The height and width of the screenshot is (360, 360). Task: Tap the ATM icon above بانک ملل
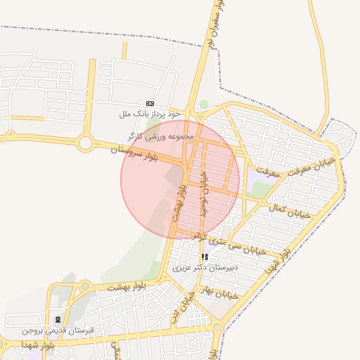(x=150, y=103)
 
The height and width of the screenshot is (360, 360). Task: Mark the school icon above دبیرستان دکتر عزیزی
(x=205, y=257)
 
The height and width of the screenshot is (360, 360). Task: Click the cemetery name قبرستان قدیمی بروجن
(x=58, y=330)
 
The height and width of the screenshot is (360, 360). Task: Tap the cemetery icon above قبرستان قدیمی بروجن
(x=58, y=319)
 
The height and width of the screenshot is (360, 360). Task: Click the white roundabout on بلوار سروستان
(x=85, y=143)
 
